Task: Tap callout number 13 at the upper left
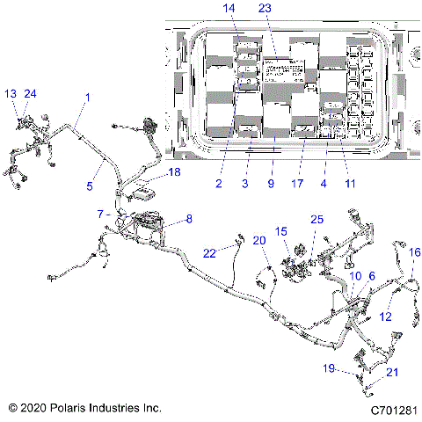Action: pos(11,93)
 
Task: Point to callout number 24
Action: pos(31,93)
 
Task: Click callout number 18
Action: pos(174,173)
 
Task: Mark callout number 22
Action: pos(210,251)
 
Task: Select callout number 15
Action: pos(281,231)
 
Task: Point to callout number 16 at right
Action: pos(415,252)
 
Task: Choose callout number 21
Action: pos(392,373)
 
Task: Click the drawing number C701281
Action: pos(392,410)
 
